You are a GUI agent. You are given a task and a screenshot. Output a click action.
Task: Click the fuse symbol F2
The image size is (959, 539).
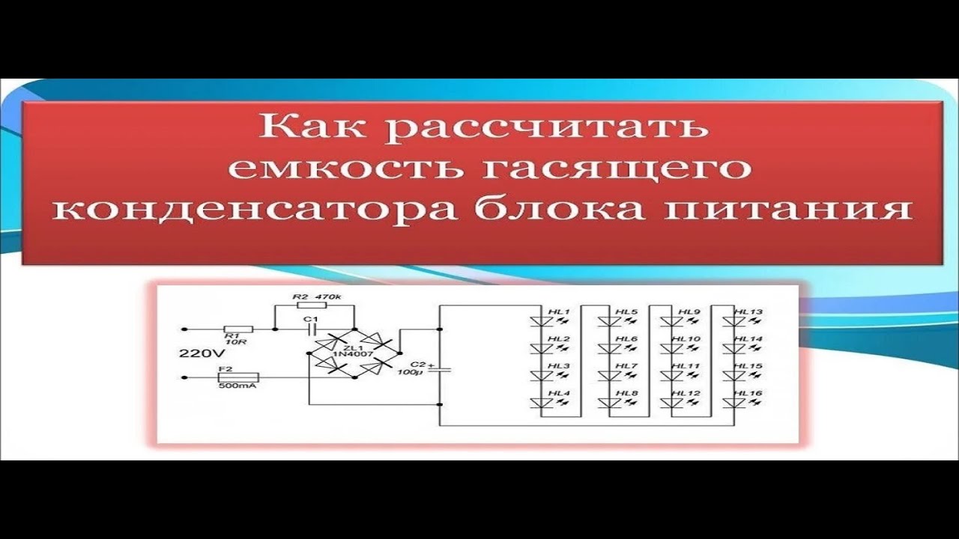click(x=238, y=377)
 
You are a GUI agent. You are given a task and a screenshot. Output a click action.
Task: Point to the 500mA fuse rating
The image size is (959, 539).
click(x=232, y=388)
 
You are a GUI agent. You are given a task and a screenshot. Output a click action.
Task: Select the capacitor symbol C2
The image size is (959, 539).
click(x=439, y=369)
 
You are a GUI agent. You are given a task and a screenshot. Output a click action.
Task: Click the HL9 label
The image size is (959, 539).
click(x=689, y=311)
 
